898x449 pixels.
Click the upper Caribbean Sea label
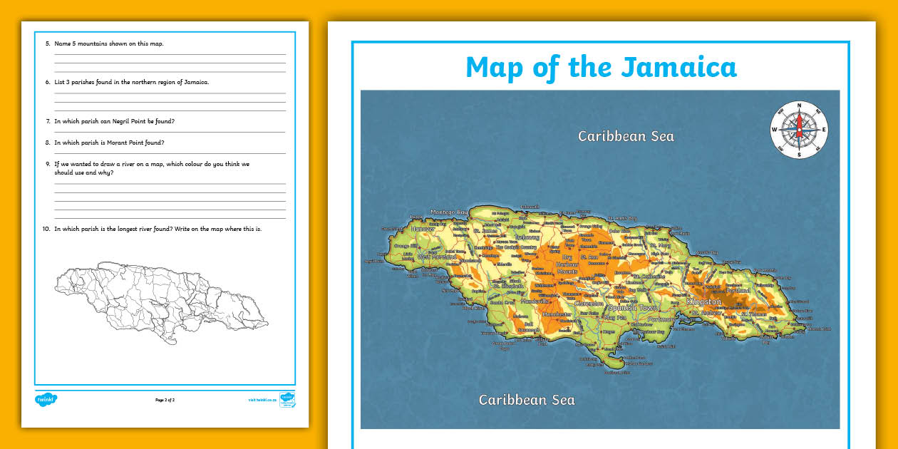(x=626, y=136)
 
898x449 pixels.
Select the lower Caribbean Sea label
(x=527, y=399)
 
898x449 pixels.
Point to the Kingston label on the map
(x=704, y=302)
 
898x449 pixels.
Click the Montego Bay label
(x=448, y=212)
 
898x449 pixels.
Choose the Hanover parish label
(x=423, y=229)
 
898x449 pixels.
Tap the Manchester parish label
(x=557, y=314)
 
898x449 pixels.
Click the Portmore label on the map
(x=662, y=319)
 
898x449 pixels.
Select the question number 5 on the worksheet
(x=48, y=43)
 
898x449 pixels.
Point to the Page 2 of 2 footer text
(x=165, y=400)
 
